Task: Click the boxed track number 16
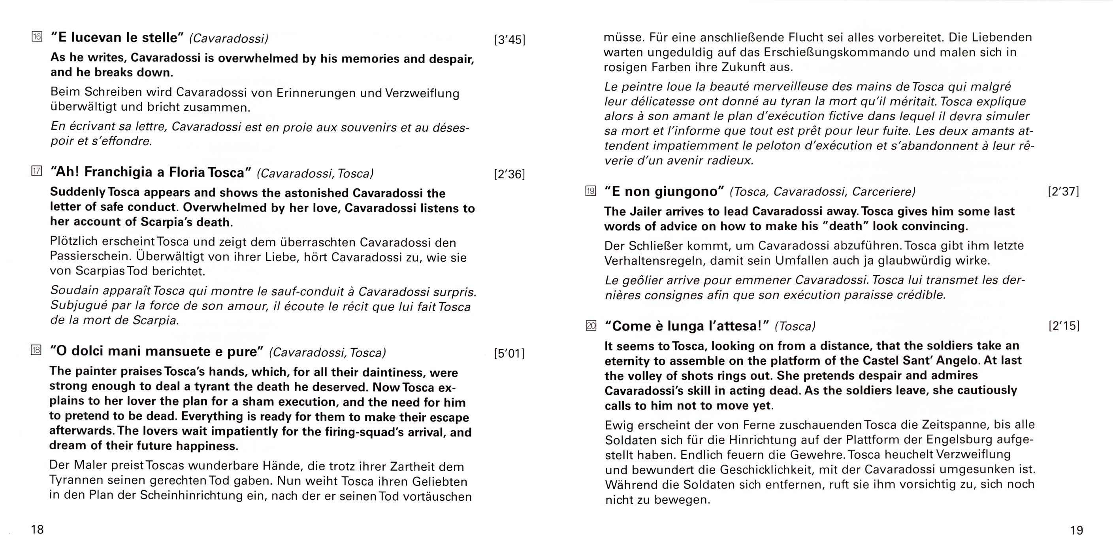[37, 37]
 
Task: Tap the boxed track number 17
[37, 171]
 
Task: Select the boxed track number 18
[36, 350]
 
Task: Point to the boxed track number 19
[591, 191]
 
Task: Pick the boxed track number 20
[591, 325]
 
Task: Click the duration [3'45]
[509, 40]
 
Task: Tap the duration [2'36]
[509, 174]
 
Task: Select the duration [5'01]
[509, 354]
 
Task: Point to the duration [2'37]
[1063, 191]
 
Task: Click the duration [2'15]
[1064, 325]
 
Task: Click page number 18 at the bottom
[37, 530]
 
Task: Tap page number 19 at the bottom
[1077, 530]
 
